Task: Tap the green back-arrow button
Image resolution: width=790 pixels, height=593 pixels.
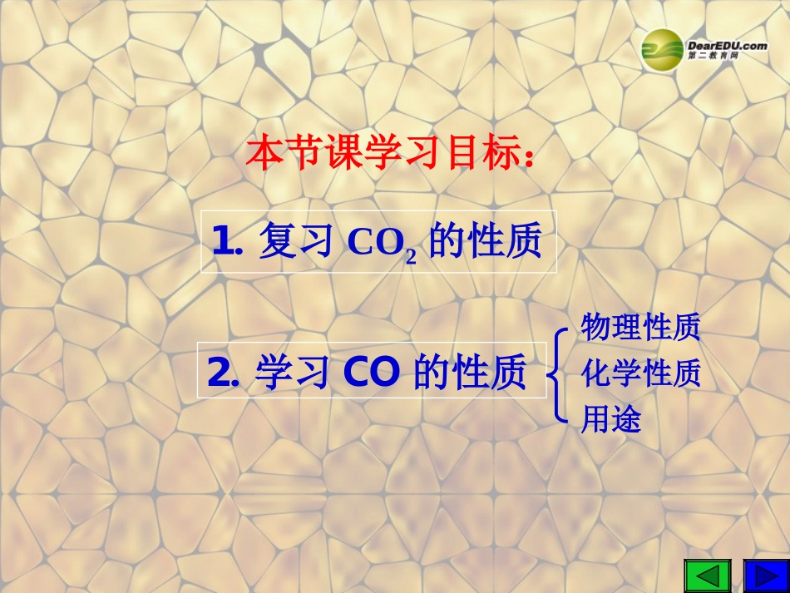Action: (x=707, y=576)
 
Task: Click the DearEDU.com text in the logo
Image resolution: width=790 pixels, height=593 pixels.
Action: (x=728, y=46)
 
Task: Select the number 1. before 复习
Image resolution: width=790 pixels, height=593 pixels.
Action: (x=227, y=242)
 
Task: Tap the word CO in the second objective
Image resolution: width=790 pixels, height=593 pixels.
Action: (x=371, y=374)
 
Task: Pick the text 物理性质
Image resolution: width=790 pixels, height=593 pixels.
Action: (x=640, y=327)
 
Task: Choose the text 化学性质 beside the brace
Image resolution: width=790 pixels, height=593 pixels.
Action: (x=640, y=373)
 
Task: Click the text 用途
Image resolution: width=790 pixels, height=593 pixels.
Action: (x=611, y=420)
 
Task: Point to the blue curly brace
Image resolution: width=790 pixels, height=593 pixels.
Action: (x=559, y=374)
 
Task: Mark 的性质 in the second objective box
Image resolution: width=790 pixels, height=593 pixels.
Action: (x=470, y=374)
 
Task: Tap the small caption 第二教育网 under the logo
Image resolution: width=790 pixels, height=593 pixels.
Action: (x=712, y=56)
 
